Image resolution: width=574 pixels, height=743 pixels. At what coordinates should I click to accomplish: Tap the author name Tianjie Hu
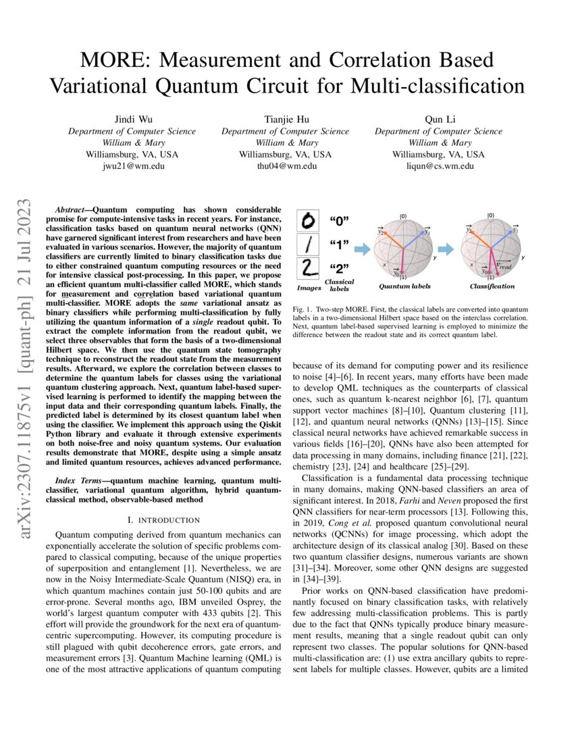coord(287,120)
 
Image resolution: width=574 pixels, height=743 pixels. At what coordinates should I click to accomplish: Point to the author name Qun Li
coord(440,120)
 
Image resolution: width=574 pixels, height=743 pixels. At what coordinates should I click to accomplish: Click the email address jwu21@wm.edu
coord(126,165)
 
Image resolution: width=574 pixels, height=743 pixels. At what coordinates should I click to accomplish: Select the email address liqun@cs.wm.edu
coord(440,165)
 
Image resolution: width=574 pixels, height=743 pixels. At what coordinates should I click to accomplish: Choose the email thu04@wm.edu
coord(287,165)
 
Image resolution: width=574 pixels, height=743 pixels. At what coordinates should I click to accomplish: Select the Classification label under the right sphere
coord(492,286)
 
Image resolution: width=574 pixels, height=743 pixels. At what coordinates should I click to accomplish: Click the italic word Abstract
coord(71,211)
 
